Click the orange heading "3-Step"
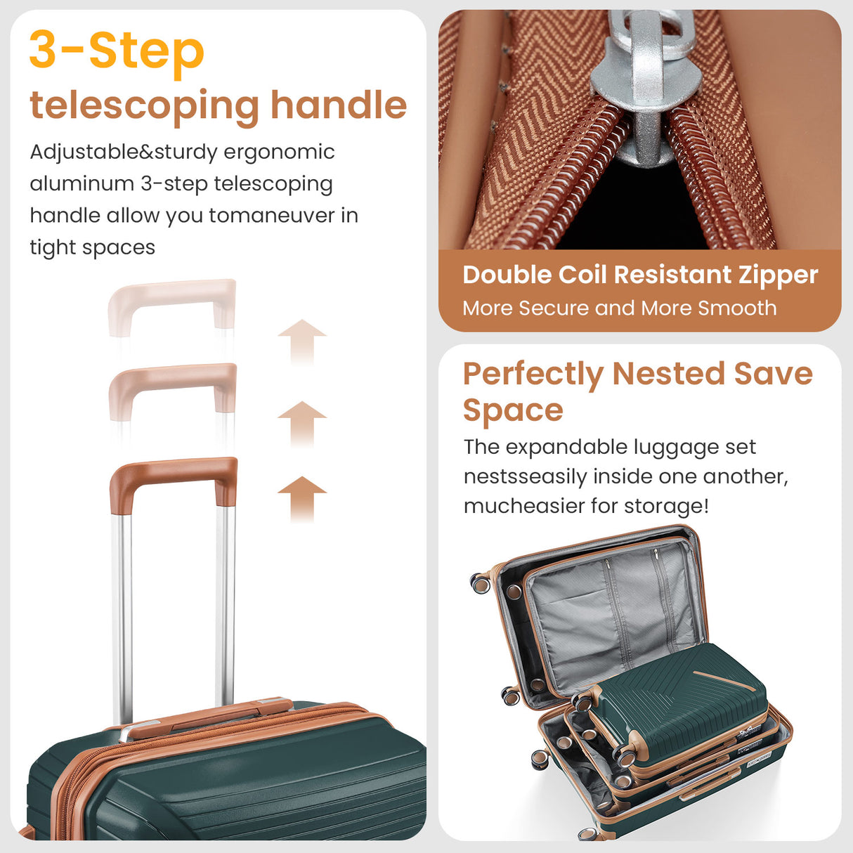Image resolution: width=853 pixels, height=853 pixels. click(117, 51)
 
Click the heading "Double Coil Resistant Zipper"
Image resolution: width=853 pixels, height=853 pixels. click(639, 275)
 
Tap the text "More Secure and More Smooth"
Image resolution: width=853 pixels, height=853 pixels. click(619, 308)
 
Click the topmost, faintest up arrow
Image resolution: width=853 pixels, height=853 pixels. click(301, 341)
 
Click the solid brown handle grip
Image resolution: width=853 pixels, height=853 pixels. click(173, 471)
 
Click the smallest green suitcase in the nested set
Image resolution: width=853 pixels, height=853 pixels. click(678, 703)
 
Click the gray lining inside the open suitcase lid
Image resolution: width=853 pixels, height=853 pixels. click(611, 611)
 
